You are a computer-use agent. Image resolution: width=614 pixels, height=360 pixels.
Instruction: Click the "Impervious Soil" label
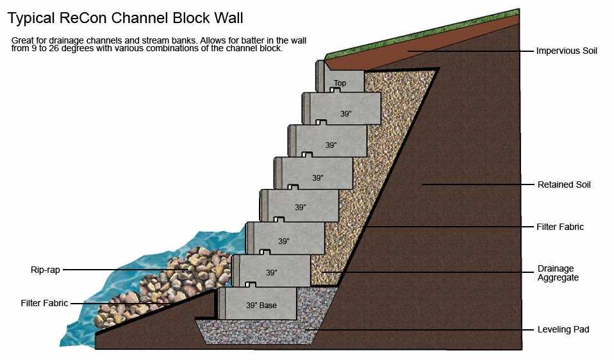pyautogui.click(x=567, y=51)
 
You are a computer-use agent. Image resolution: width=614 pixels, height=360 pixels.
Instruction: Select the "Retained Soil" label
pyautogui.click(x=564, y=184)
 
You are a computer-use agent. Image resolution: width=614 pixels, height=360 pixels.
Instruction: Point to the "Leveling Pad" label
pyautogui.click(x=563, y=329)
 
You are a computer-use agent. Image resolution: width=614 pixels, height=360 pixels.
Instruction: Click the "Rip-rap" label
pyautogui.click(x=45, y=270)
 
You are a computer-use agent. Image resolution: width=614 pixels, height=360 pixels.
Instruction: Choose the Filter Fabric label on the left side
pyautogui.click(x=44, y=303)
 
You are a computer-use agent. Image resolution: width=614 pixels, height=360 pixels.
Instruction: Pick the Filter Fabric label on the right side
pyautogui.click(x=560, y=227)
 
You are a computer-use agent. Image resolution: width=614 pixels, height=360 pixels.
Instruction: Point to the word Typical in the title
pyautogui.click(x=32, y=17)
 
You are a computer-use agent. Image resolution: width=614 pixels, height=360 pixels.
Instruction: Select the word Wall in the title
pyautogui.click(x=228, y=17)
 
